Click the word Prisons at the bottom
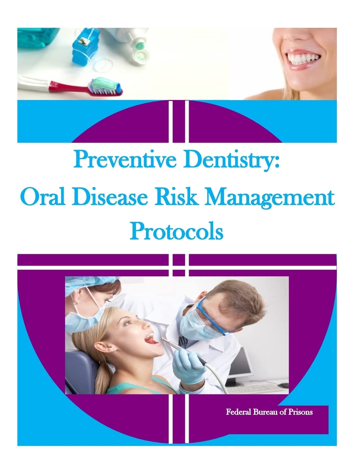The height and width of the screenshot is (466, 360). coord(300,412)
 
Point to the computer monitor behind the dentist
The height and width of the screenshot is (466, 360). coord(239,365)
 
